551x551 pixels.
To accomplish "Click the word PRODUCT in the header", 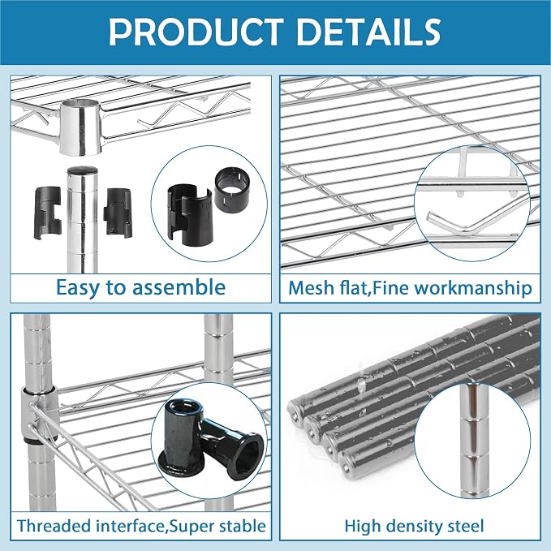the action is click(x=196, y=32).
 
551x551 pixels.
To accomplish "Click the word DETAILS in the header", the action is click(x=368, y=32).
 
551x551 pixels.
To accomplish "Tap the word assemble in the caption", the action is click(x=179, y=287).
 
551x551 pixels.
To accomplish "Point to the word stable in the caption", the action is click(x=242, y=526).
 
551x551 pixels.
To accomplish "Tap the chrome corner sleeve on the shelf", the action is click(x=80, y=127).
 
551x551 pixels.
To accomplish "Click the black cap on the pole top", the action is click(x=82, y=170).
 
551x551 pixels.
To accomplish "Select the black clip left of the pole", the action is click(x=47, y=213).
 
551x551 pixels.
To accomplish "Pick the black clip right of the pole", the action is click(x=118, y=213).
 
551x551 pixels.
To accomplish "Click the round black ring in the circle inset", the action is click(x=232, y=190).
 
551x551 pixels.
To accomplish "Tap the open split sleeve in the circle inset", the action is click(x=190, y=215).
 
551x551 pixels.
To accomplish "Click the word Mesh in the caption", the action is click(x=311, y=288).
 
